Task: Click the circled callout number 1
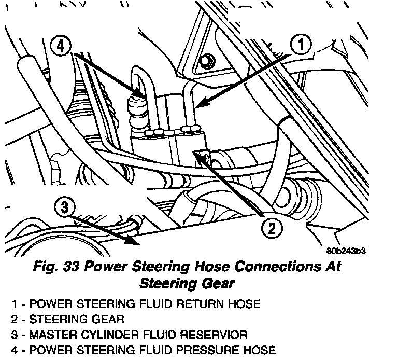(x=302, y=46)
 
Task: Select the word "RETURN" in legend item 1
(x=205, y=303)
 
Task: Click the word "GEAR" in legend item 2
(x=108, y=318)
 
